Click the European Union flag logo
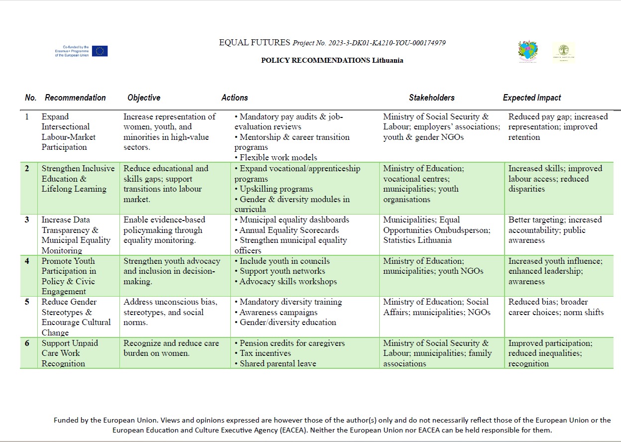[100, 51]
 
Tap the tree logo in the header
[563, 52]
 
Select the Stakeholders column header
[431, 98]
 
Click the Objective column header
[144, 98]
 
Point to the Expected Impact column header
[531, 98]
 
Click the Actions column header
[234, 98]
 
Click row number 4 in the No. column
[27, 261]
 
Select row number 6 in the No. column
[27, 343]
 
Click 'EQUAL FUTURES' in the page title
[255, 43]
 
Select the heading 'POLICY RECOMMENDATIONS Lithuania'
[332, 60]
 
